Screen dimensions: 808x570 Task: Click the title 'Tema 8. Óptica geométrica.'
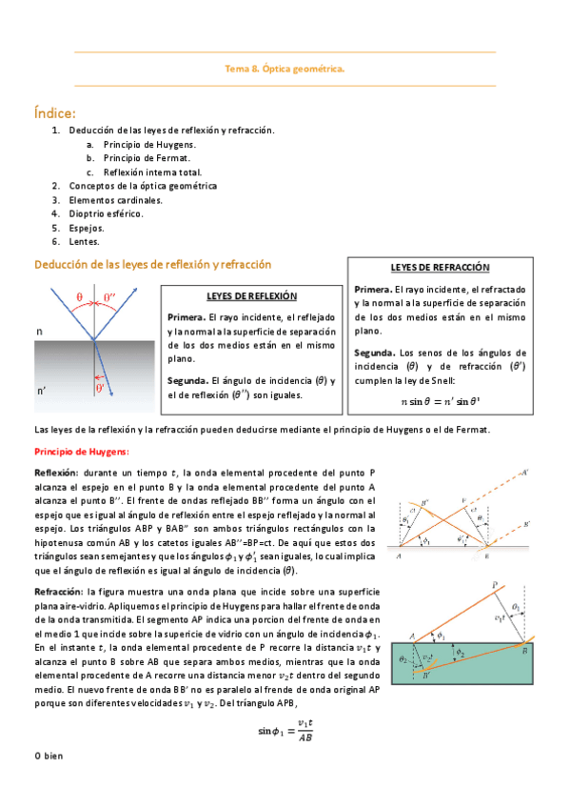point(285,69)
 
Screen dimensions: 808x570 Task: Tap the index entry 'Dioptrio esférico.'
point(106,214)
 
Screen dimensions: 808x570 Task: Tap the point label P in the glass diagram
point(494,585)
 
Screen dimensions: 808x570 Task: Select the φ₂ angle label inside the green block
point(461,652)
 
